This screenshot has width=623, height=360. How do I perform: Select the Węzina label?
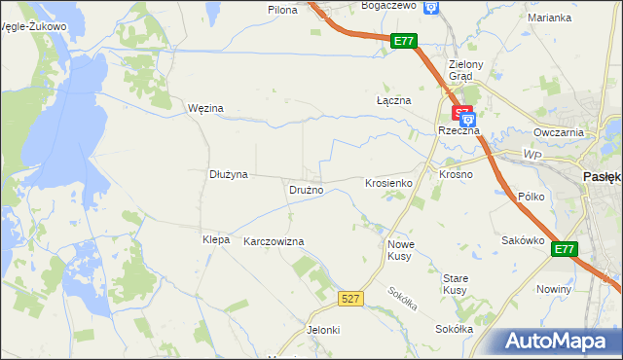(205, 108)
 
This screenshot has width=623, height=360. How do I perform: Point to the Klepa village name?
(215, 239)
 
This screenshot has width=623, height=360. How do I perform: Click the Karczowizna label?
(274, 241)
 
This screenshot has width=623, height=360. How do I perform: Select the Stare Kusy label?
(456, 284)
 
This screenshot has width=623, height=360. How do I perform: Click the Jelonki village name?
(323, 330)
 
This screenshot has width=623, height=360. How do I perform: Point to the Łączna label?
(394, 100)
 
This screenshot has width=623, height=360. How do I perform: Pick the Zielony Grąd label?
(459, 70)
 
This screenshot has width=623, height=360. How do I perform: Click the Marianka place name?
(549, 18)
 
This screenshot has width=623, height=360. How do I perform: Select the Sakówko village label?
(522, 240)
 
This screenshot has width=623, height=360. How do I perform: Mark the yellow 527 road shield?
(352, 299)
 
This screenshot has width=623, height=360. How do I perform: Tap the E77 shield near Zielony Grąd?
(406, 41)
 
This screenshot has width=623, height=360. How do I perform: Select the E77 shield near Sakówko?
(565, 250)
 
